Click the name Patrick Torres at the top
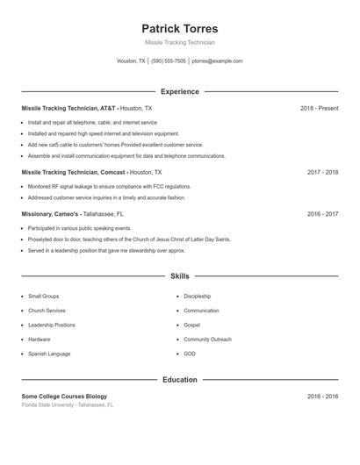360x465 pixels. (179, 28)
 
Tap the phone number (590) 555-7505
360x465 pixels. (169, 61)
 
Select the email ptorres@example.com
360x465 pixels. (217, 61)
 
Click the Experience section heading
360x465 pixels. (179, 91)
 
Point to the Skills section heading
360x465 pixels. (179, 275)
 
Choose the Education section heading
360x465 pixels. (179, 379)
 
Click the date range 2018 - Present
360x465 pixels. (319, 108)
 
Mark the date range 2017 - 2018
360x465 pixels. (322, 172)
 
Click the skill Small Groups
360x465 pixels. (43, 297)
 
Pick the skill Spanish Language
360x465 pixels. (49, 353)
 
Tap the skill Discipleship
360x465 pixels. (197, 297)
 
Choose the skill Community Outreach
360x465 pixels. (207, 339)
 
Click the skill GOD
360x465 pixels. (190, 353)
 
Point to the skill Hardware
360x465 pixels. (39, 339)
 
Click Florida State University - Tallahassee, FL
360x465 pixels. (68, 404)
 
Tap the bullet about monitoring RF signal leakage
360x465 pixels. (109, 187)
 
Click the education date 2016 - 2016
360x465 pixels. (322, 396)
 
